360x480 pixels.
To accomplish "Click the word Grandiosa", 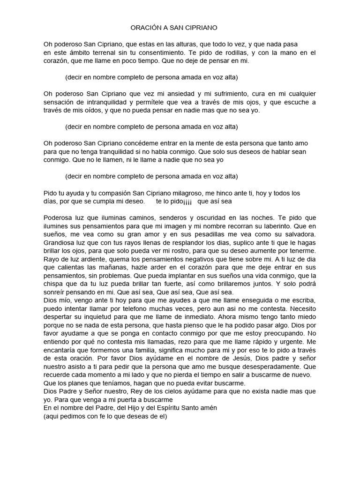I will (59, 243).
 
